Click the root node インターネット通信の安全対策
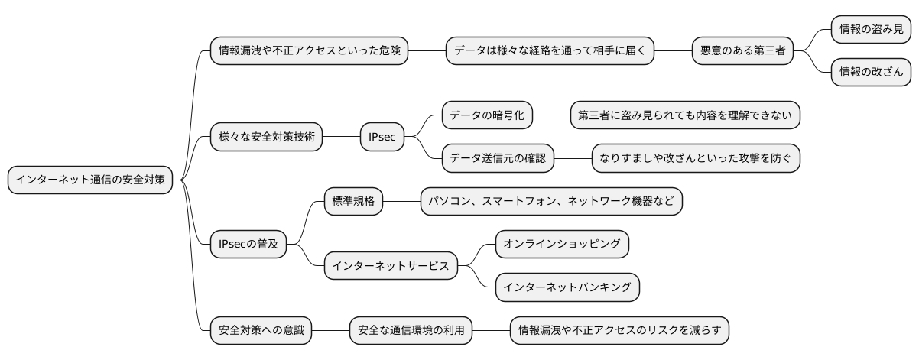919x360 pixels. pos(90,180)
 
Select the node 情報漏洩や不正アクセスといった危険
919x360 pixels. pos(310,51)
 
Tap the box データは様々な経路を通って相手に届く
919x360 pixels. pos(550,51)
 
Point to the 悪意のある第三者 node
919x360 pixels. pos(742,51)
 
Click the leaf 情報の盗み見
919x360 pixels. pos(870,30)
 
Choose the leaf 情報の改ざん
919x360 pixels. pos(870,73)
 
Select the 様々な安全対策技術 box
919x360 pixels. pos(266,138)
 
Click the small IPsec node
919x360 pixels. pos(382,138)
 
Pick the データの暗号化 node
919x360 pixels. pos(486,115)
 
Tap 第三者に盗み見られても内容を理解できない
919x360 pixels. pos(685,115)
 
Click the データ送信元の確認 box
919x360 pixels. pos(497,159)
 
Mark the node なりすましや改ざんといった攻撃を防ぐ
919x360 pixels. pos(696,159)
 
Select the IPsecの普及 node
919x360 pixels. pos(248,245)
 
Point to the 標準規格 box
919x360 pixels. pos(352,202)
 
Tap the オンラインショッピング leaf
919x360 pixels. pos(562,245)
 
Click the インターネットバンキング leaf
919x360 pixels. pos(567,287)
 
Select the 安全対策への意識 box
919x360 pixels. pos(261,331)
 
